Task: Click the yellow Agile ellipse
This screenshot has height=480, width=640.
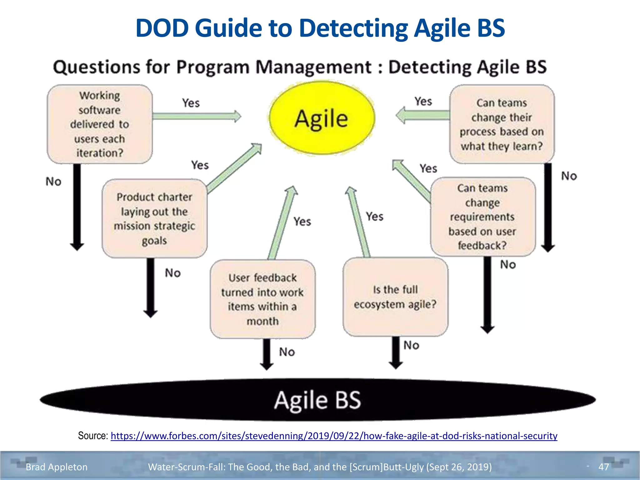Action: (x=322, y=118)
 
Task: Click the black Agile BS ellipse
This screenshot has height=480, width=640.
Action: (x=317, y=400)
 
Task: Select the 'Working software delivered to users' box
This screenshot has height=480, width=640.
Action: (x=100, y=124)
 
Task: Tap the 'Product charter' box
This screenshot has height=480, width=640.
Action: (x=154, y=218)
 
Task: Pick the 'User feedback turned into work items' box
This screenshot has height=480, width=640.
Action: (x=262, y=299)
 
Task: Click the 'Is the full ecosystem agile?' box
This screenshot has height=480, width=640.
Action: (x=395, y=297)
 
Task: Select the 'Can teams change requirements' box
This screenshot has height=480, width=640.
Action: (x=483, y=217)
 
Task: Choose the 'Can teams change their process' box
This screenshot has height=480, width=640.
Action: (x=502, y=124)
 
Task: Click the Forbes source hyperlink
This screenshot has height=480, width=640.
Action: (x=334, y=436)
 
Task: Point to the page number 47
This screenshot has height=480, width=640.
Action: (x=603, y=467)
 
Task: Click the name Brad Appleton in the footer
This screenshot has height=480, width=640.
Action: (x=57, y=467)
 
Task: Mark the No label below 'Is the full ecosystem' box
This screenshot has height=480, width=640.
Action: (x=411, y=345)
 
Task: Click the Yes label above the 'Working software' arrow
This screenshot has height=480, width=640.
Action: (x=191, y=103)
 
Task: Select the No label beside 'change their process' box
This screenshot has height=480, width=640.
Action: (x=569, y=176)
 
